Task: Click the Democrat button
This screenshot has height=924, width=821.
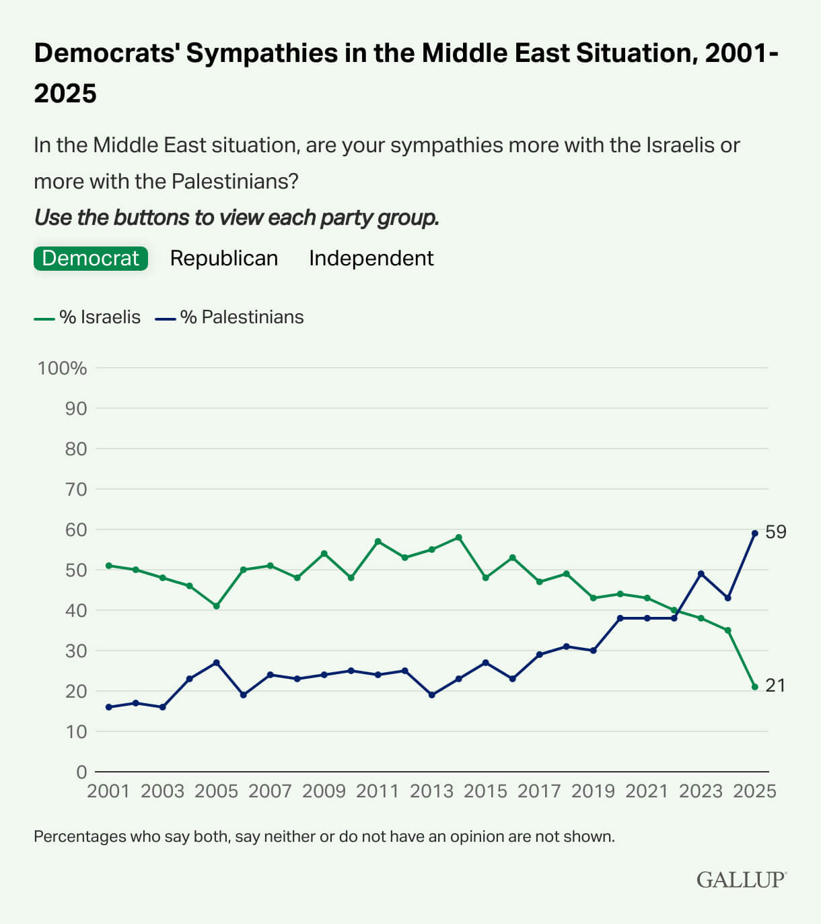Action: coord(90,259)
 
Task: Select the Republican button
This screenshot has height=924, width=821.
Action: coord(223,259)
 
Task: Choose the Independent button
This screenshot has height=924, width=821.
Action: coord(371,259)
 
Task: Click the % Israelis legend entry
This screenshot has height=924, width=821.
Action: coord(87,317)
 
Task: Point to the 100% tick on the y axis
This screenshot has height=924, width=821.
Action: coord(62,368)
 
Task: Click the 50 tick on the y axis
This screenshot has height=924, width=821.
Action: coord(75,570)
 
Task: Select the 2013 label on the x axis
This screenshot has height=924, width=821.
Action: coord(431,791)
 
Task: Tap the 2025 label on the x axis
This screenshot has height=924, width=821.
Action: coord(754,791)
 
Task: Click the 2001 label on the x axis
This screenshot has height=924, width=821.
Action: coord(108,791)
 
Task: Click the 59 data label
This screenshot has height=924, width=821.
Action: coord(775,532)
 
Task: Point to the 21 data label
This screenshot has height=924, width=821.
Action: coord(775,686)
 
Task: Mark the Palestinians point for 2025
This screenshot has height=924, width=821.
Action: coord(754,533)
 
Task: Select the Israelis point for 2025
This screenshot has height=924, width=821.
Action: coord(754,687)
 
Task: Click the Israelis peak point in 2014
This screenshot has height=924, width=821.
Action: coord(458,537)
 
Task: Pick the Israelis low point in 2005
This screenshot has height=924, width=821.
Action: coord(216,606)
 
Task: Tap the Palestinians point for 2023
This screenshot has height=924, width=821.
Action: coord(701,574)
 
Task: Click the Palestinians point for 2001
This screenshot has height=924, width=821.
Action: coord(108,707)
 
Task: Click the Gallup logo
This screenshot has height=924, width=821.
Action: coord(741,880)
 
